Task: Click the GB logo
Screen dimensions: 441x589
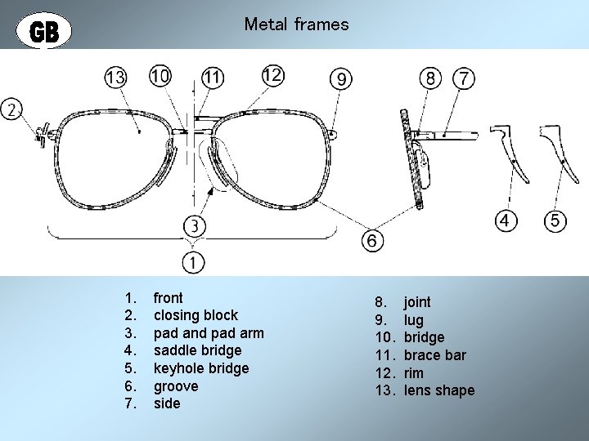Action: point(44,31)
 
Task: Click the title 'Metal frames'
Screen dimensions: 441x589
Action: point(296,24)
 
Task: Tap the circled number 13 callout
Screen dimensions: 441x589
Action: point(116,78)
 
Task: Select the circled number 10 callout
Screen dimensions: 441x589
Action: point(160,76)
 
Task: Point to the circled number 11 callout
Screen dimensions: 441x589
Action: point(213,78)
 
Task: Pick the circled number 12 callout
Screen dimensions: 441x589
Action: point(272,75)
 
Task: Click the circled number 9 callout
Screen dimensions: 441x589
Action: point(341,78)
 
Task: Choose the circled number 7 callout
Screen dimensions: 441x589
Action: point(464,78)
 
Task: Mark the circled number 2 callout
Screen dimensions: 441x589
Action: point(13,109)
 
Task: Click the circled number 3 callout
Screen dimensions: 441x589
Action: point(195,225)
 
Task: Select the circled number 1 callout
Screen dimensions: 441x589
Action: point(194,262)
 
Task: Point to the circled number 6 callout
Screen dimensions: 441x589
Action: point(372,241)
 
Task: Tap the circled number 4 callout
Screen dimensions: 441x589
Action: point(507,220)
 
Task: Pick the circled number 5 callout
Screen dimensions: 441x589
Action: point(555,220)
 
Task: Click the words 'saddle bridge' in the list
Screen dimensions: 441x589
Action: point(197,350)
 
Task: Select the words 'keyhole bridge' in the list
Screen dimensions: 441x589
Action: point(201,368)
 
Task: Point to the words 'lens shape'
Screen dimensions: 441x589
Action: point(438,390)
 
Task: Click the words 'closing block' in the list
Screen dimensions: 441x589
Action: point(196,315)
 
